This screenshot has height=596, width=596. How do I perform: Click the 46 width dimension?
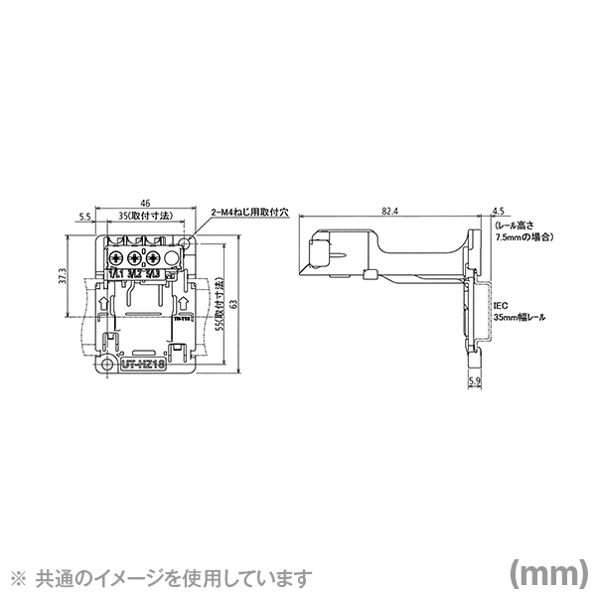[x=144, y=201]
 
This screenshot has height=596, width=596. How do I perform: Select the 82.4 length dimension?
[x=388, y=212]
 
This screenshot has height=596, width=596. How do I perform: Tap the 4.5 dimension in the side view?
[x=499, y=211]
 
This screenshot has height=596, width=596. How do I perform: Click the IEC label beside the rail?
[x=500, y=308]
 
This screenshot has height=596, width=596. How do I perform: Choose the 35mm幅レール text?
[x=520, y=319]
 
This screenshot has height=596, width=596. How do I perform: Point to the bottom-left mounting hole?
[x=101, y=365]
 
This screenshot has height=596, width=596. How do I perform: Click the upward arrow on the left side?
[x=106, y=297]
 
